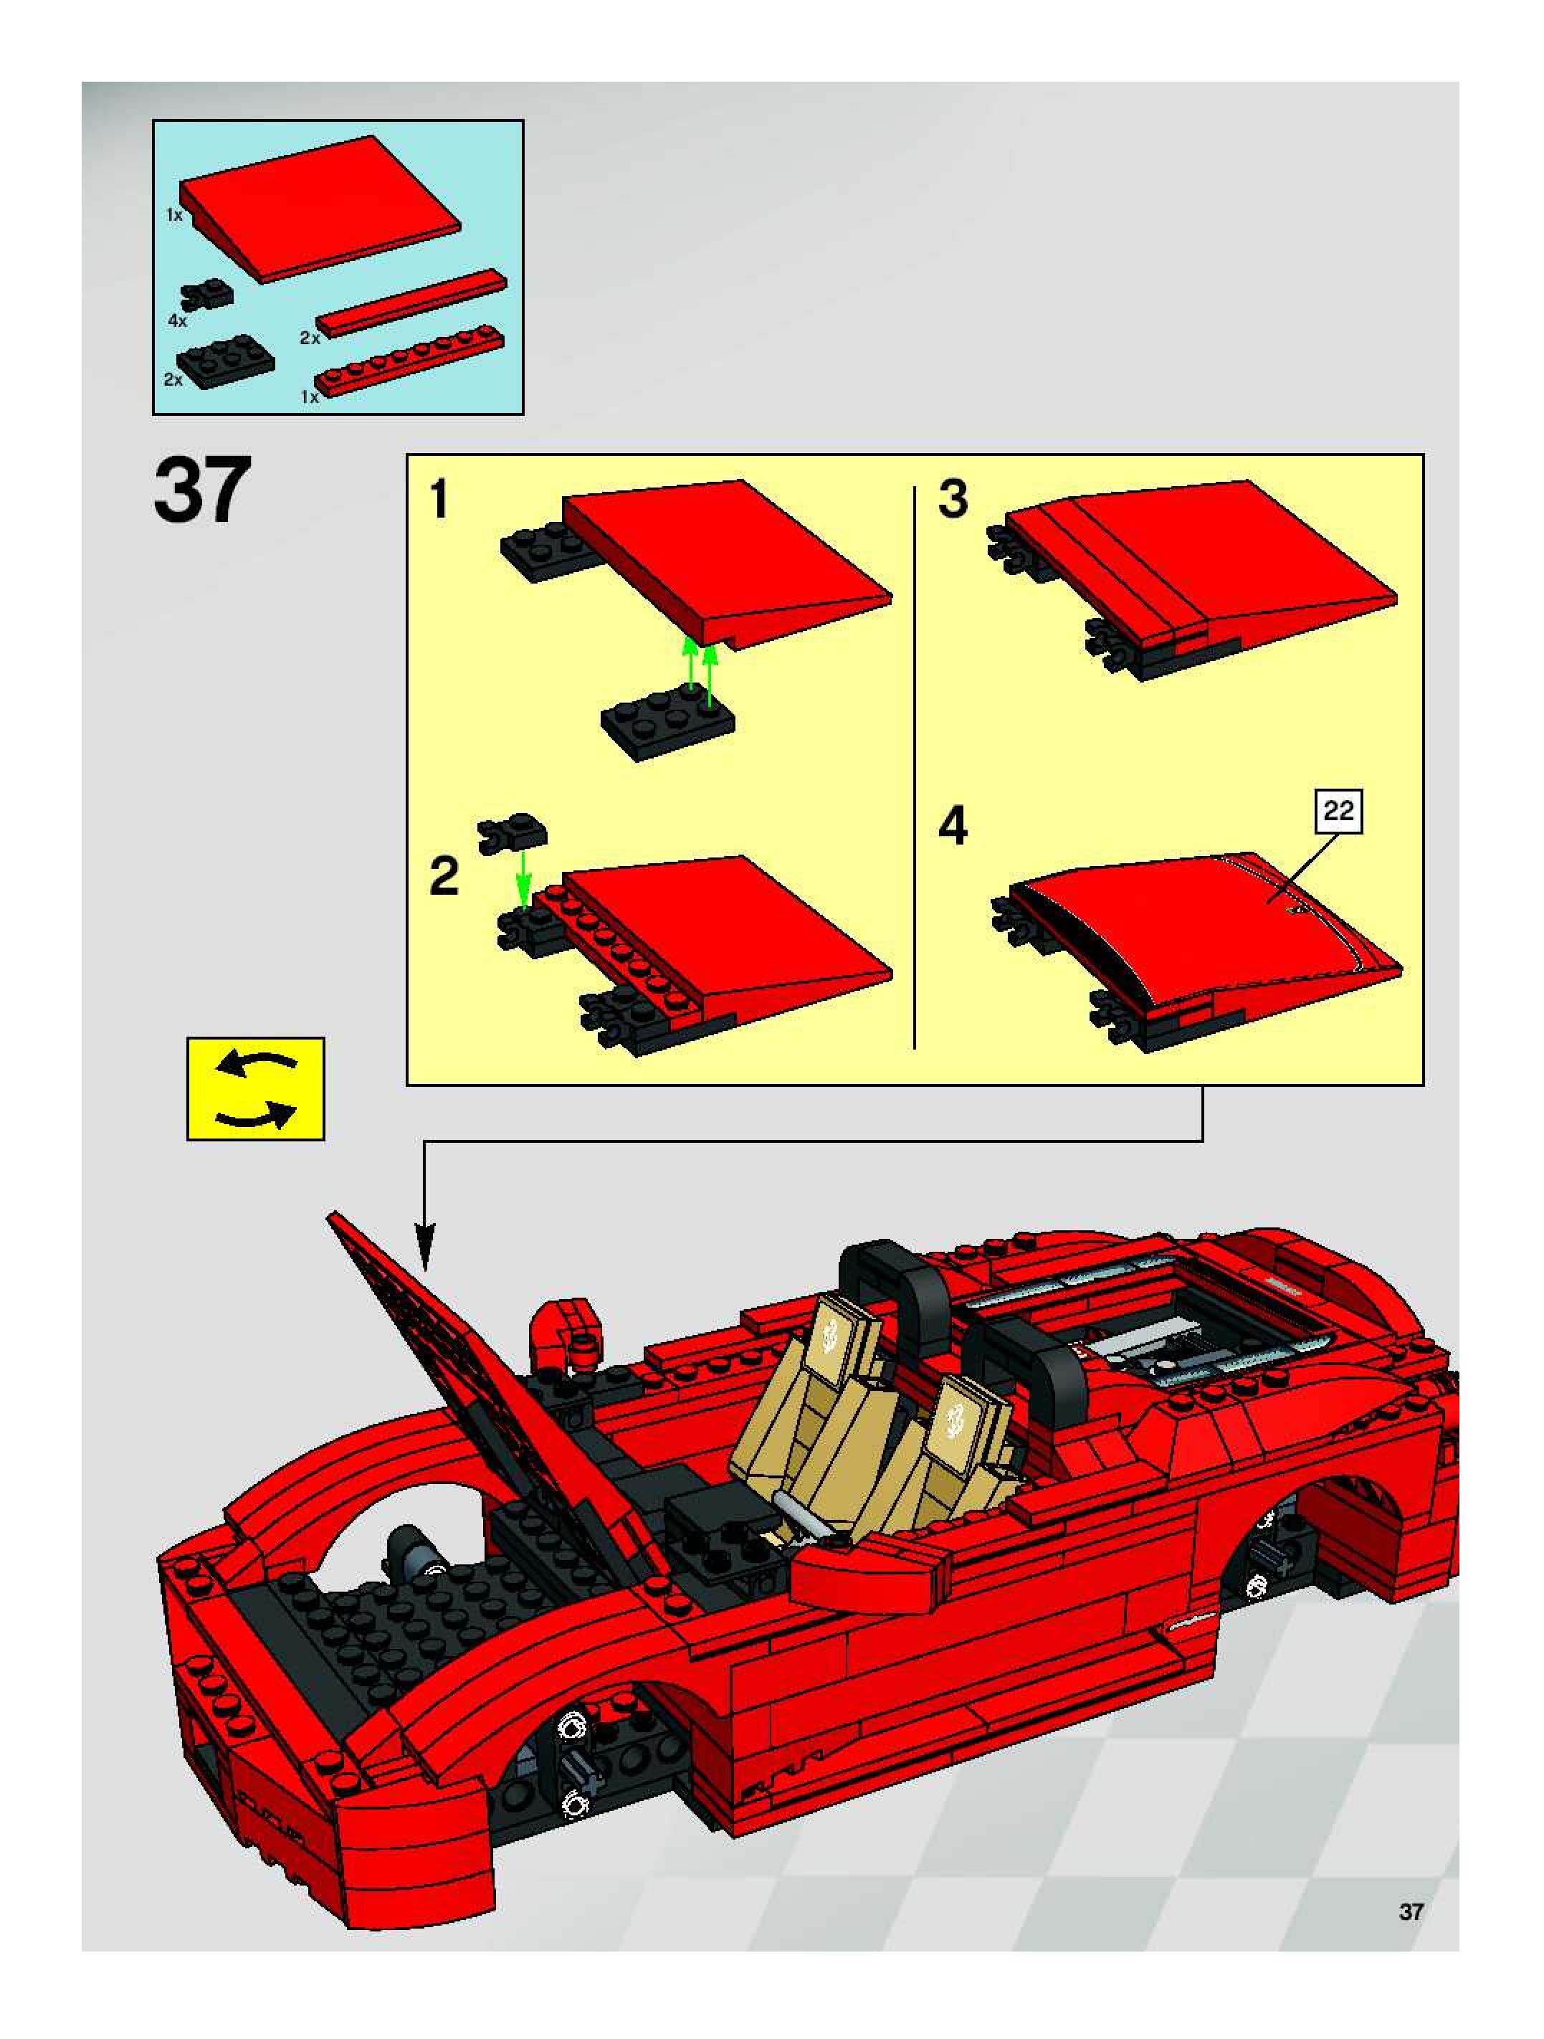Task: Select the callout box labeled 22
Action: (1338, 810)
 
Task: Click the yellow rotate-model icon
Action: (255, 1088)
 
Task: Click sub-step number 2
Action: (444, 875)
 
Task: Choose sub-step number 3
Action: (953, 499)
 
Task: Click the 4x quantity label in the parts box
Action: (177, 320)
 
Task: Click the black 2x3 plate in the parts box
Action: (225, 364)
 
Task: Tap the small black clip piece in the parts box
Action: (209, 293)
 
